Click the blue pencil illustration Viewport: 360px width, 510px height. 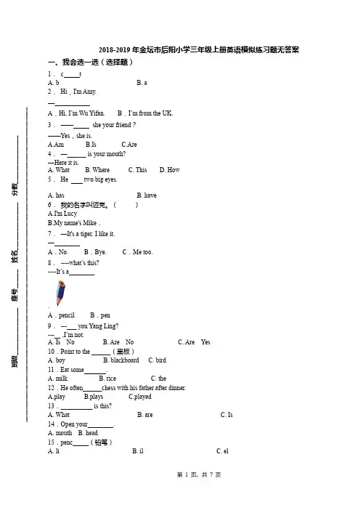pyautogui.click(x=60, y=293)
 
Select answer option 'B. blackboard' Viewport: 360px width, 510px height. pyautogui.click(x=121, y=360)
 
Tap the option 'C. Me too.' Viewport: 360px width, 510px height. pyautogui.click(x=137, y=252)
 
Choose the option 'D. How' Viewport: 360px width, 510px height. pyautogui.click(x=170, y=170)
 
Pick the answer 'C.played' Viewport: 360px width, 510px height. pyautogui.click(x=140, y=397)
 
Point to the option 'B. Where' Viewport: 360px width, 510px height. pyautogui.click(x=97, y=170)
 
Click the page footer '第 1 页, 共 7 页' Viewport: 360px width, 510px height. pyautogui.click(x=199, y=475)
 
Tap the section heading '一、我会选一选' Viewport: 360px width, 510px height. pyautogui.click(x=75, y=62)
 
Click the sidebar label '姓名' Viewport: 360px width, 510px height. pyautogui.click(x=15, y=256)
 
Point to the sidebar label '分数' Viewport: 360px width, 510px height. pyautogui.click(x=15, y=189)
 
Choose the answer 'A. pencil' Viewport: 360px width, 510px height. pyautogui.click(x=61, y=315)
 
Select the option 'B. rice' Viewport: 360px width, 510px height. pyautogui.click(x=107, y=379)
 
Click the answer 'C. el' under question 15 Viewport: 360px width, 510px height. pyautogui.click(x=223, y=451)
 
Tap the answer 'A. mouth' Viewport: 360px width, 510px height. pyautogui.click(x=60, y=433)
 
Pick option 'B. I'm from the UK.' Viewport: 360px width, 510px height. pyautogui.click(x=145, y=113)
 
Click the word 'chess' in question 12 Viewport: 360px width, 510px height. pyautogui.click(x=109, y=388)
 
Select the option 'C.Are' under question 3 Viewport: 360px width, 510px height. pyautogui.click(x=129, y=145)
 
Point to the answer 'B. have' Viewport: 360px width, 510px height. pyautogui.click(x=147, y=195)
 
